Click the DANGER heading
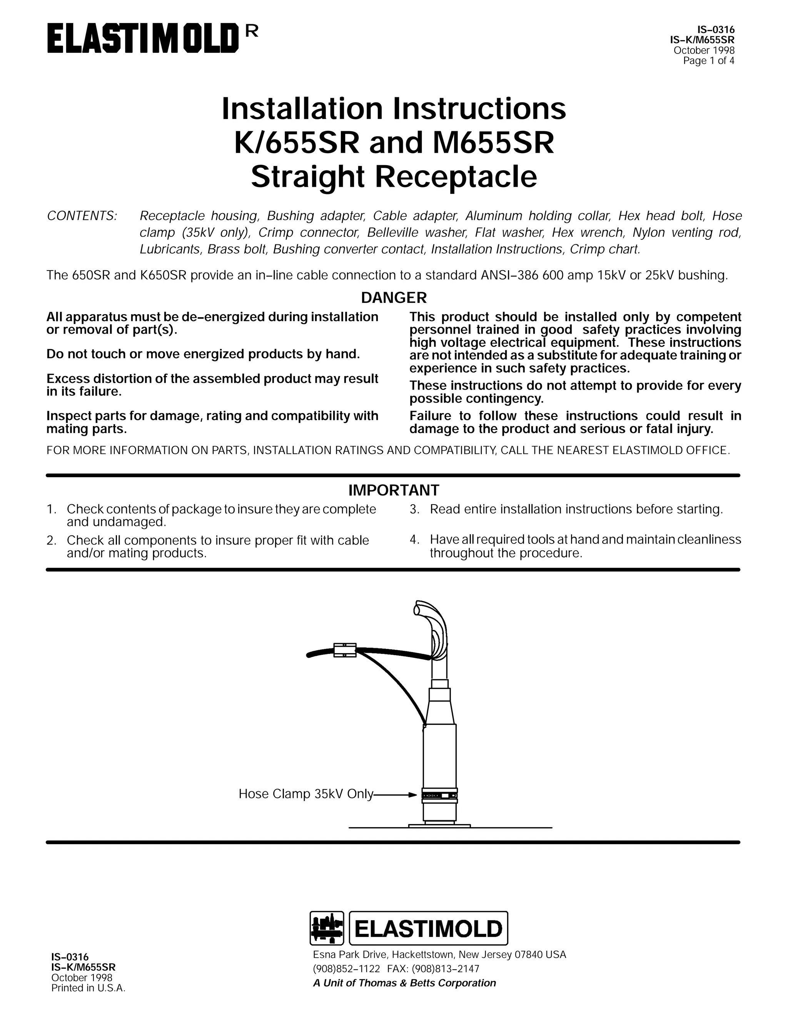point(394,298)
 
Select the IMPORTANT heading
point(394,490)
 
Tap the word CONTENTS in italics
point(82,216)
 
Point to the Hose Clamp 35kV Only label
point(306,794)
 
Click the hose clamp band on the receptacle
point(439,795)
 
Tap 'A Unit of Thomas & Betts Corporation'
point(404,983)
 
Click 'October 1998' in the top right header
point(703,50)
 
